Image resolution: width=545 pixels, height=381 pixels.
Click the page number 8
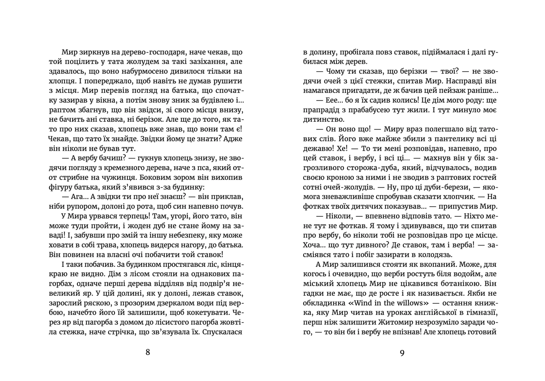(148, 352)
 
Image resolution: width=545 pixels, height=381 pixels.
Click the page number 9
(402, 353)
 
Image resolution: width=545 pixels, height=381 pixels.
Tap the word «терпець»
(133, 216)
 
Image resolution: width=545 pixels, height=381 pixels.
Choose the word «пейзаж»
(446, 91)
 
